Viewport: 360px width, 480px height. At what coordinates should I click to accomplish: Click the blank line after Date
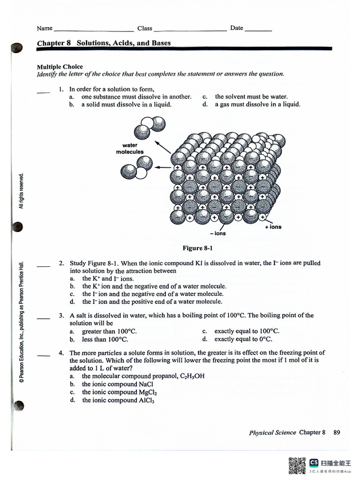pos(258,30)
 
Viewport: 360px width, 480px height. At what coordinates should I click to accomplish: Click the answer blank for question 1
pos(43,92)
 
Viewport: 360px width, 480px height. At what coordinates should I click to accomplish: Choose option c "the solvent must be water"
pos(251,97)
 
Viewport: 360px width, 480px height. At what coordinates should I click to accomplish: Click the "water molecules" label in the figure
pos(130,149)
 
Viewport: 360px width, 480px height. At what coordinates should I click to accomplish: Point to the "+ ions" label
pos(273,227)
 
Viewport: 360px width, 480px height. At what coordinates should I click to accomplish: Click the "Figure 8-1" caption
pos(197,248)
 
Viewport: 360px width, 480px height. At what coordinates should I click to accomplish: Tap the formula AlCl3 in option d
pos(147,401)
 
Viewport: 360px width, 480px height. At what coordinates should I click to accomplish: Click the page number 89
pos(337,433)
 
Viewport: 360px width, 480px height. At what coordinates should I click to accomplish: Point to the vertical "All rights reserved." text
pos(21,191)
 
